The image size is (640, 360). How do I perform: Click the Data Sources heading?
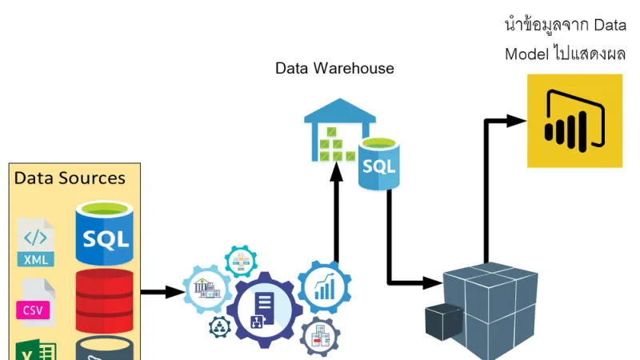pos(70,178)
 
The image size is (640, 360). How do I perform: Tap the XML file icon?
pos(36,242)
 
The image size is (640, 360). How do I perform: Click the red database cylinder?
pos(104,300)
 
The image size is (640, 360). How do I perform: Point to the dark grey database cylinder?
pos(104,349)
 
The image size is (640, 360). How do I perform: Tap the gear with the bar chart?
pos(324,286)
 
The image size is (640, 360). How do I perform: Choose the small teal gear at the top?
pos(241,262)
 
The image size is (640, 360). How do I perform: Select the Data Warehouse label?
pos(334,68)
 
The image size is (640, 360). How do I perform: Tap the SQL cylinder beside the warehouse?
pos(379,164)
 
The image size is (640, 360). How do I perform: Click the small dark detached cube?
pos(443,322)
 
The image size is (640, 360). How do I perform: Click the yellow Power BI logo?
pos(574,121)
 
